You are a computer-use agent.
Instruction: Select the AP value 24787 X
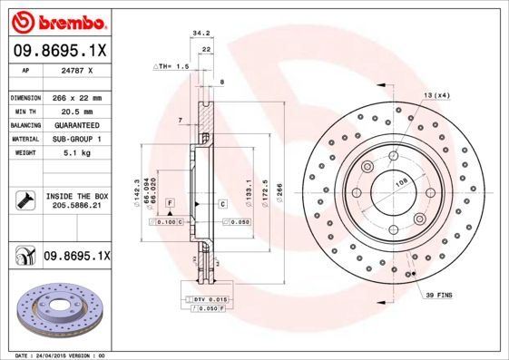[x=77, y=70]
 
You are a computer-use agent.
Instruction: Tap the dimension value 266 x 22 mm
[x=77, y=97]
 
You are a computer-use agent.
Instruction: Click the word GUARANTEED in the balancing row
[x=77, y=124]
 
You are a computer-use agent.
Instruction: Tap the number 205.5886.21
[x=77, y=207]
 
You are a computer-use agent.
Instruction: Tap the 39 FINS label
[x=439, y=295]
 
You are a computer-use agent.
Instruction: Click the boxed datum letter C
[x=221, y=204]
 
